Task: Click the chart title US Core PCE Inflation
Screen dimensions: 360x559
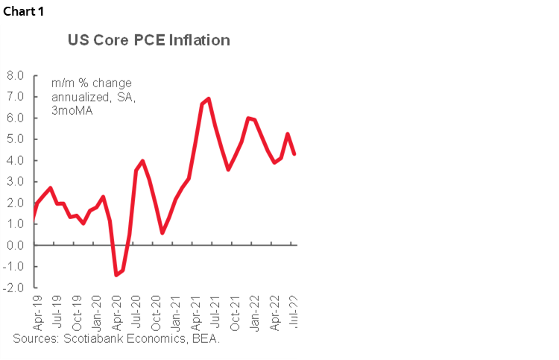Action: pos(149,40)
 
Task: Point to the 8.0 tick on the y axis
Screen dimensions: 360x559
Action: pos(16,75)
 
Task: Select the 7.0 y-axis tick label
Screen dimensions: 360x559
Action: pos(16,97)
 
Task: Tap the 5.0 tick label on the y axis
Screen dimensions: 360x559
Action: pos(16,139)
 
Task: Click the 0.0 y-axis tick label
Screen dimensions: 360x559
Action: pos(16,245)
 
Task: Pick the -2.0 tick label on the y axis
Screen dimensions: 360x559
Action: pos(14,288)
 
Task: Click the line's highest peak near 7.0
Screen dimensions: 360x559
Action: pos(209,98)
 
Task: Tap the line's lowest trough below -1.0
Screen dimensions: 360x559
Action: pos(116,275)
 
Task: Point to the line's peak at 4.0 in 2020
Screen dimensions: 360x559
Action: pos(142,160)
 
